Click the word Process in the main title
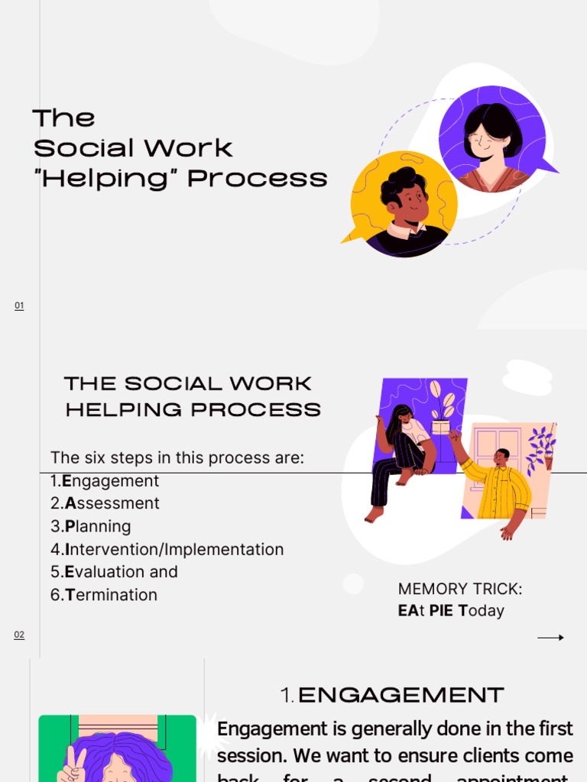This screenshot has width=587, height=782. tap(258, 178)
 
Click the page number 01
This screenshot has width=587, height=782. tap(19, 306)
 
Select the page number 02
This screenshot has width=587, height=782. tap(19, 635)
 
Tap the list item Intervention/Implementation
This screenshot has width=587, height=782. tap(167, 549)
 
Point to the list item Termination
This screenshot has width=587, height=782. tap(104, 595)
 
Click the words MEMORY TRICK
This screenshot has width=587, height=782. tap(460, 589)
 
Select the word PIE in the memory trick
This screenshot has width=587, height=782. tap(442, 611)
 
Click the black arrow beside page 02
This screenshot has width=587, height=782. tap(550, 638)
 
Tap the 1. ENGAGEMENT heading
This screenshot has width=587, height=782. tap(392, 695)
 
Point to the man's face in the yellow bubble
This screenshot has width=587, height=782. tap(412, 203)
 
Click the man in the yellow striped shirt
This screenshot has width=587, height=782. tap(500, 484)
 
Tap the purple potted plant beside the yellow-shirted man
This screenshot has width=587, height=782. tap(542, 448)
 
